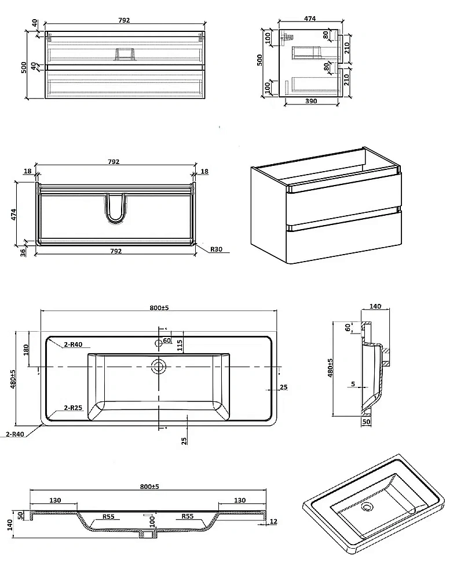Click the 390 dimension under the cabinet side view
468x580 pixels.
(311, 101)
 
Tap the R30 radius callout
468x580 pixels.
(217, 249)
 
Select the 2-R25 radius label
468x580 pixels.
(73, 408)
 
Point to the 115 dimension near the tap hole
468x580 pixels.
(180, 345)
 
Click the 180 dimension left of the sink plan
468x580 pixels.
(26, 350)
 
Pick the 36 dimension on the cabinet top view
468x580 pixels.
(23, 252)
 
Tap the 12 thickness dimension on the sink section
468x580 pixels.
(273, 521)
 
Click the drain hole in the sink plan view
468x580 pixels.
(159, 367)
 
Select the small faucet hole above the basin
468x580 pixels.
(159, 343)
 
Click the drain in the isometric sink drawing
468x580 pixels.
(367, 506)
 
